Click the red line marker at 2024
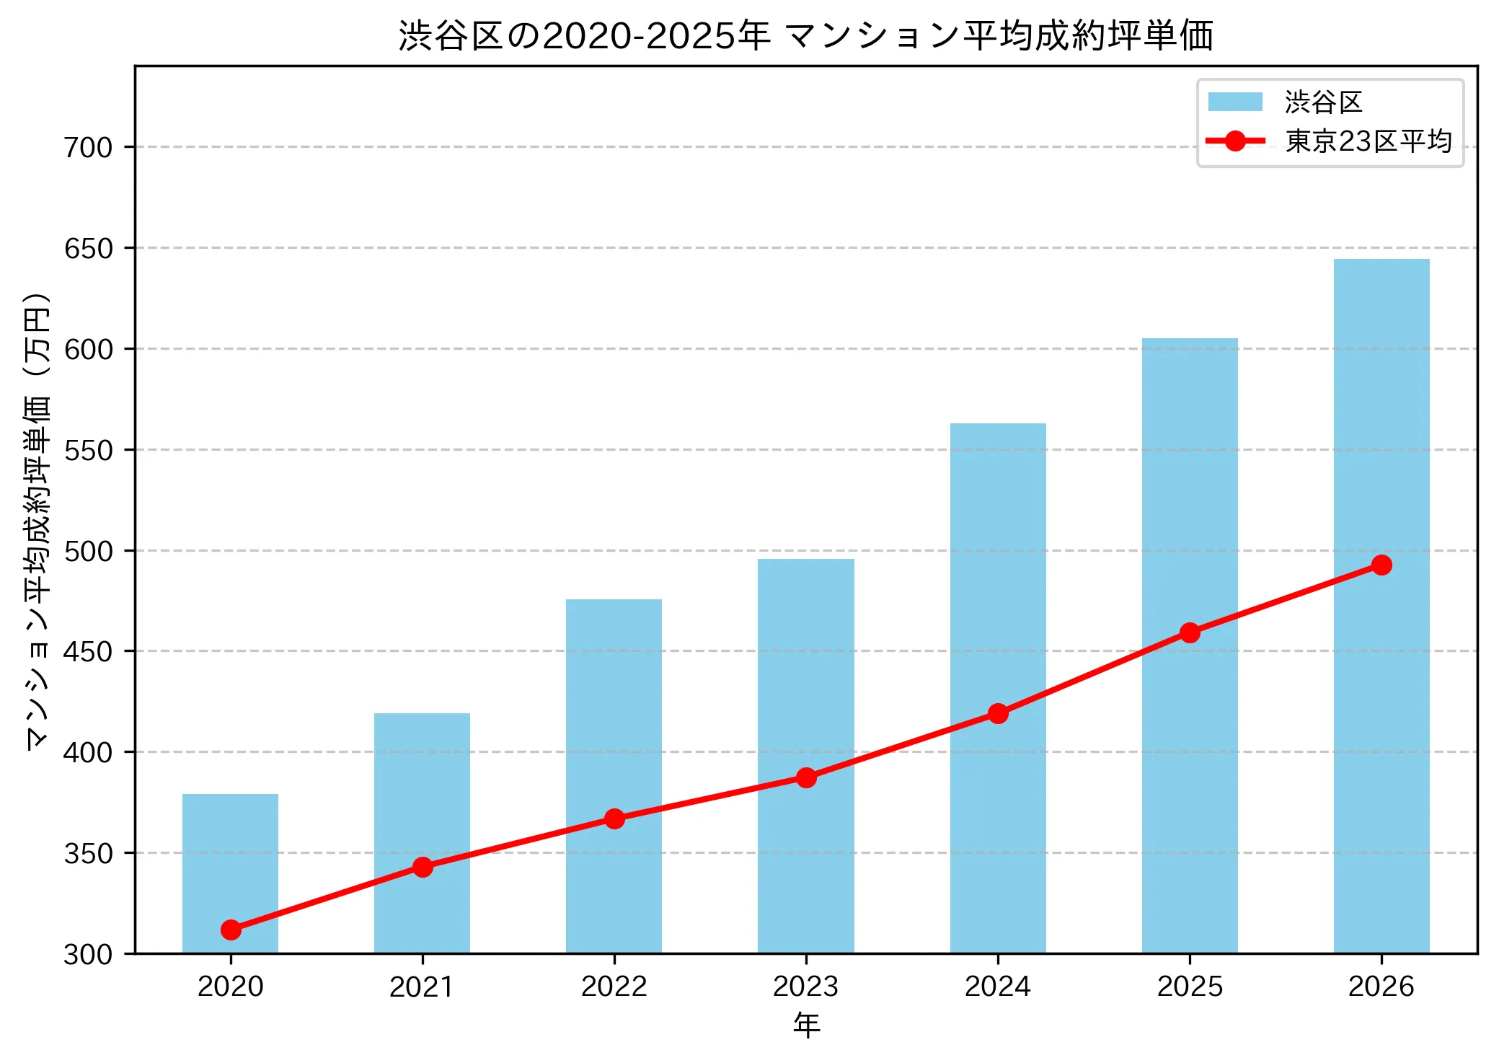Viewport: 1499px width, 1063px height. [998, 714]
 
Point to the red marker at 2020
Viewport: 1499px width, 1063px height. [231, 930]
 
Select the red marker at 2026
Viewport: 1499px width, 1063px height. [1381, 565]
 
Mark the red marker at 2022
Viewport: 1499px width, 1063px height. [614, 819]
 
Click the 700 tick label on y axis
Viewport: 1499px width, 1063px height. [89, 148]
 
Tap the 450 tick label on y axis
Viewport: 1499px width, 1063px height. [89, 652]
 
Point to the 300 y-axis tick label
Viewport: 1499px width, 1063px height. [89, 955]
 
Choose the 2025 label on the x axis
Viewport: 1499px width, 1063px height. [1190, 987]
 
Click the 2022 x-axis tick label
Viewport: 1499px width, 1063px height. [614, 987]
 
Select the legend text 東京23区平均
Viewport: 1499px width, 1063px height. [1368, 141]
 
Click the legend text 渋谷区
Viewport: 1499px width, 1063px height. [1323, 102]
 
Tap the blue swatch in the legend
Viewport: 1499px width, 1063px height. [1235, 102]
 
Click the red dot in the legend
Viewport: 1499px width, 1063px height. [1235, 141]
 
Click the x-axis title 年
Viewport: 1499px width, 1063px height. [806, 1025]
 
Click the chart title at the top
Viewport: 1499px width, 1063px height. [805, 36]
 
